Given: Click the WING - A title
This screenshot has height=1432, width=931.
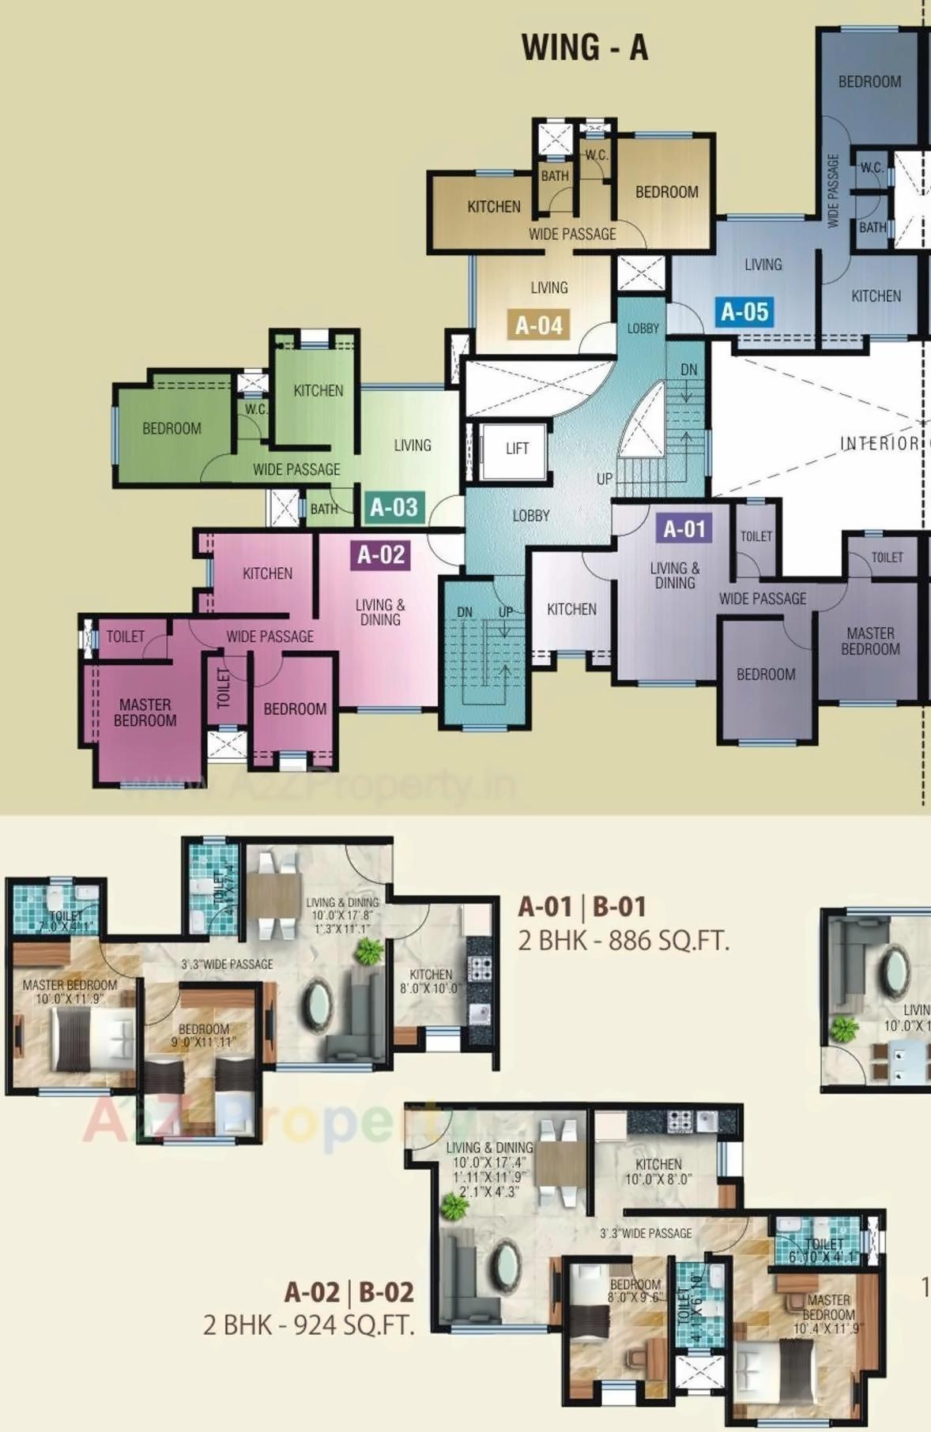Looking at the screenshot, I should click(585, 47).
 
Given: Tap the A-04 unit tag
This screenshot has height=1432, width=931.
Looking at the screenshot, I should click(539, 325).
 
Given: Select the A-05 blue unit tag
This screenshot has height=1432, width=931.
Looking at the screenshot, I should click(744, 312).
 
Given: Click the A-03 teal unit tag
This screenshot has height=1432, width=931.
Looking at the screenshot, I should click(394, 507).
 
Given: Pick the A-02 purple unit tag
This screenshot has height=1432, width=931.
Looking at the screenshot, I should click(381, 554).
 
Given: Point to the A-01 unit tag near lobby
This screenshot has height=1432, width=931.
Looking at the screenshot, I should click(684, 528).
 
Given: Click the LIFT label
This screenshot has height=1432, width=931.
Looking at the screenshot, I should click(517, 449).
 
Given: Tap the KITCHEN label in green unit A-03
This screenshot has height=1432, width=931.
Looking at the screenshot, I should click(318, 390).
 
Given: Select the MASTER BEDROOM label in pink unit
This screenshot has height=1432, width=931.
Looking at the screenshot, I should click(145, 712).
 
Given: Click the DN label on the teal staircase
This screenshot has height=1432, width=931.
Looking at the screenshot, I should click(465, 612).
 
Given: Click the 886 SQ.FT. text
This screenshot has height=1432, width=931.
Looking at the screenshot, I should click(662, 942).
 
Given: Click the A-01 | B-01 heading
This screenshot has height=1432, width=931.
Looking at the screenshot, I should click(582, 907).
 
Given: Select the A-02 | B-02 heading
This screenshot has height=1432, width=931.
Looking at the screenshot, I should click(349, 1292).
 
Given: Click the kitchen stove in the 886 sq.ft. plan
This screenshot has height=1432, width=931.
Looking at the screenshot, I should click(479, 968).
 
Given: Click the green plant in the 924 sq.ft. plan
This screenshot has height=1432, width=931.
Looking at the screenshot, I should click(454, 1206).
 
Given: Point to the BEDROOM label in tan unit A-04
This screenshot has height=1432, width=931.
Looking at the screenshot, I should click(666, 192).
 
